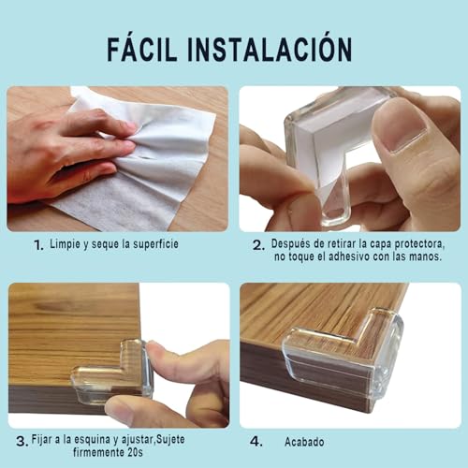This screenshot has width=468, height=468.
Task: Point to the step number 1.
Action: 37,245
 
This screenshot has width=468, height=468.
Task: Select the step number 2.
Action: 257,245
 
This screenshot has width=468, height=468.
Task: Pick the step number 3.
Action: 21,440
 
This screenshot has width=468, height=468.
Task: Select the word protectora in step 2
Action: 410,244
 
